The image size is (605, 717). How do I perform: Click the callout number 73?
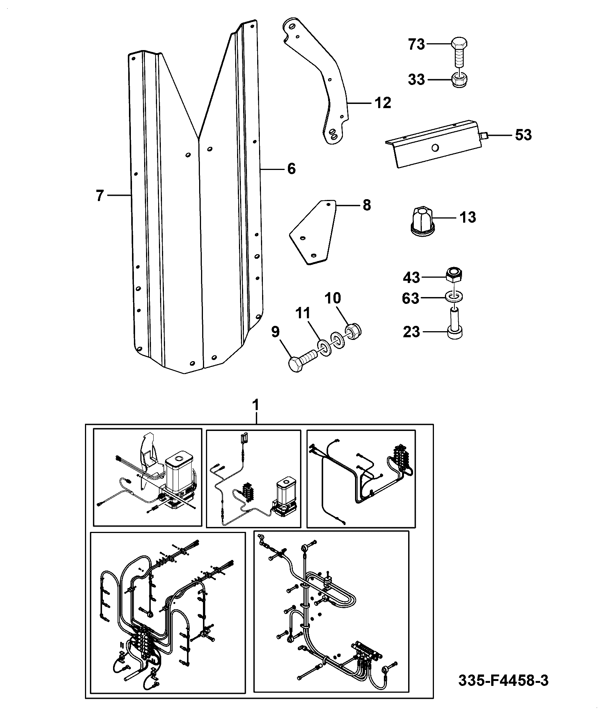(x=416, y=44)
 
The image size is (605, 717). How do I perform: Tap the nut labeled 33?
(x=459, y=80)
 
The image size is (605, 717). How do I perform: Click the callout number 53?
(x=523, y=135)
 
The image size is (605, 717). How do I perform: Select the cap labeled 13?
(x=421, y=220)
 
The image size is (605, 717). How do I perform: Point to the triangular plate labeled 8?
(x=313, y=232)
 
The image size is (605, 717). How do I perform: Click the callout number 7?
(x=99, y=196)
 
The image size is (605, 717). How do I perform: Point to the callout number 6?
(x=291, y=168)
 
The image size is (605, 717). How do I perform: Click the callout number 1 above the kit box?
(x=257, y=405)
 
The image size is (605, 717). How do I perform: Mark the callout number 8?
(x=366, y=205)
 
